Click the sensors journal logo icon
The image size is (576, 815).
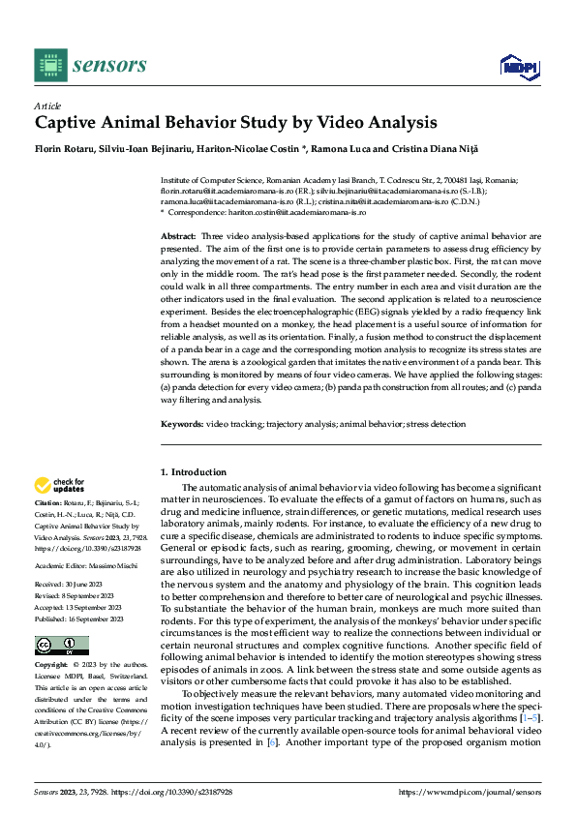point(49,65)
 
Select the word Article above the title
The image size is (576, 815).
point(47,106)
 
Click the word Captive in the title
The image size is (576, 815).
point(67,123)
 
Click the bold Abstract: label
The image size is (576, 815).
point(178,236)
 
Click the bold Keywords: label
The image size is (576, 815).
point(181,425)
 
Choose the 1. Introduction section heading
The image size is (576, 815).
point(193,472)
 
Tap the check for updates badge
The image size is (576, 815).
point(61,485)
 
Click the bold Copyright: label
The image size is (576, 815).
point(52,666)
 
